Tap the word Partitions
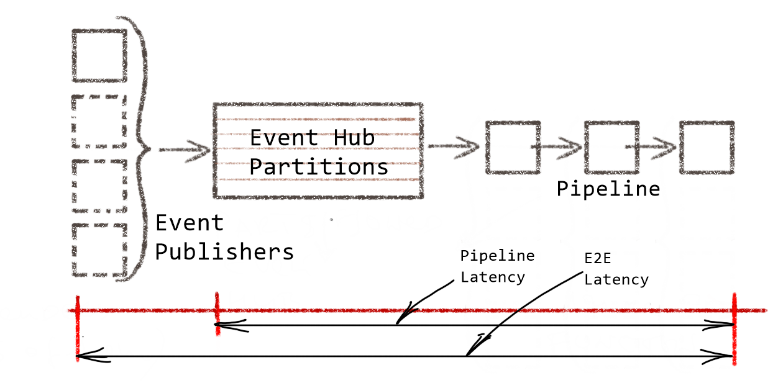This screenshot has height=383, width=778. pyautogui.click(x=319, y=167)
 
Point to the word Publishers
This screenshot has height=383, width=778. pyautogui.click(x=224, y=252)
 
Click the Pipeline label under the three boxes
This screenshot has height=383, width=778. pyautogui.click(x=607, y=188)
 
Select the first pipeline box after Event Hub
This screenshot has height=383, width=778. pyautogui.click(x=512, y=148)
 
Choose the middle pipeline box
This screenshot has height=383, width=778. pyautogui.click(x=611, y=148)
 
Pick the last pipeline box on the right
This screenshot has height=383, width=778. pyautogui.click(x=707, y=148)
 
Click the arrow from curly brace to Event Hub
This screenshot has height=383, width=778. pyautogui.click(x=185, y=150)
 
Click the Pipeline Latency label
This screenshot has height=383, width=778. pyautogui.click(x=497, y=266)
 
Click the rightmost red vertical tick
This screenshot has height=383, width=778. pyautogui.click(x=734, y=329)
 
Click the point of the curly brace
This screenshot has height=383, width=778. pyautogui.click(x=149, y=149)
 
